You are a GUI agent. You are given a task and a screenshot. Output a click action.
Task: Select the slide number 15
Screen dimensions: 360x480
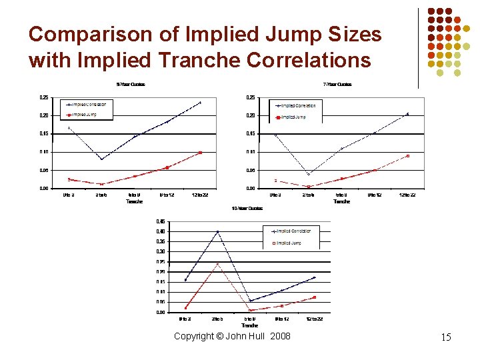click(446, 337)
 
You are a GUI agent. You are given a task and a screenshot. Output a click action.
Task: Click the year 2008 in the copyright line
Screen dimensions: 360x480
click(281, 336)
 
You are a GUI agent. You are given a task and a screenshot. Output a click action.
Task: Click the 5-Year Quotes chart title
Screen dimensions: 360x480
click(131, 85)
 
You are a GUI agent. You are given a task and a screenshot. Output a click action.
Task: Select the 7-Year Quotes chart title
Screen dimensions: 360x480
click(337, 85)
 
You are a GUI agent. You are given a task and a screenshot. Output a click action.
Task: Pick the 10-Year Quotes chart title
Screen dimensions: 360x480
click(247, 209)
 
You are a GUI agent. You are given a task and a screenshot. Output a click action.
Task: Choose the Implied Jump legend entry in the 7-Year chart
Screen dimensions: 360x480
click(293, 117)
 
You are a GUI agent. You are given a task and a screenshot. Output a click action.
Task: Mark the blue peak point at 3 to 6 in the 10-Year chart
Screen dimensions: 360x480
click(218, 232)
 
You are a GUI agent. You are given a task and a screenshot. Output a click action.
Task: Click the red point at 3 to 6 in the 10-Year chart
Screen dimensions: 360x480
click(218, 264)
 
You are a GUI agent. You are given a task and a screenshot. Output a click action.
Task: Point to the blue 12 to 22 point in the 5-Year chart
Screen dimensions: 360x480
click(200, 103)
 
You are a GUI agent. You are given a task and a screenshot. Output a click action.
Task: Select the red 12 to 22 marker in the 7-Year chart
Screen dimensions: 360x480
click(407, 156)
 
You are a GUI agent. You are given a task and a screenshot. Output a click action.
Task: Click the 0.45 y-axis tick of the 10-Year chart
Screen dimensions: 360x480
click(161, 221)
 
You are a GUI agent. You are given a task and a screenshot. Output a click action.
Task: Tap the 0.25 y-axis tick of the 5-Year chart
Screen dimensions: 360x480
click(44, 97)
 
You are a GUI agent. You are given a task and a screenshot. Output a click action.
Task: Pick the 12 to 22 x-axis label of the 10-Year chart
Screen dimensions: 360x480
click(315, 319)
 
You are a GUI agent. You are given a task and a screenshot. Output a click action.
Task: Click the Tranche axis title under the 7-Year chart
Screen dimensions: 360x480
click(341, 201)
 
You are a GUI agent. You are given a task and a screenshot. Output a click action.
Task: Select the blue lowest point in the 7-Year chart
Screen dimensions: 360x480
click(309, 174)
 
